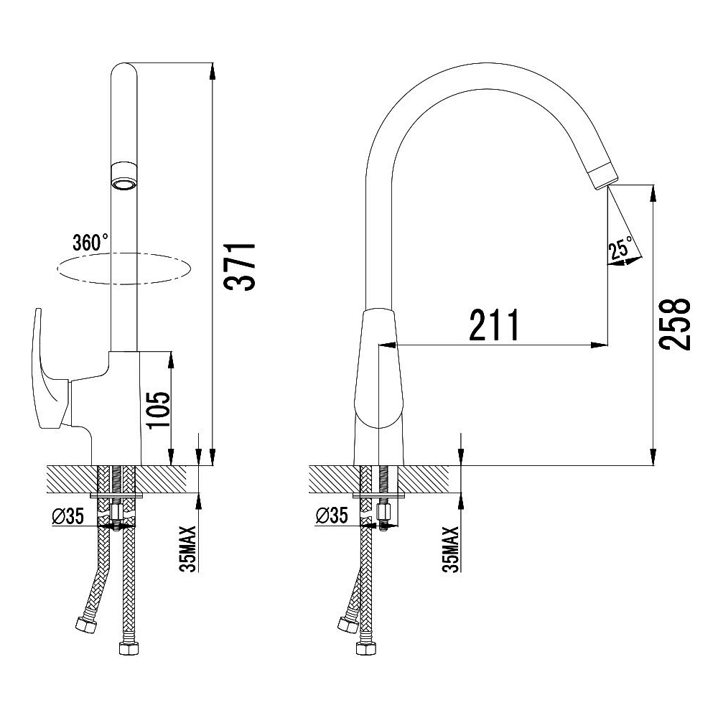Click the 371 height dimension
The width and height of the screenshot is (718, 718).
click(x=239, y=266)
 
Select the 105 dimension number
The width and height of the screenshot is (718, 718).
click(x=159, y=410)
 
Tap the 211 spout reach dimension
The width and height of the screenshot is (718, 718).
click(x=495, y=325)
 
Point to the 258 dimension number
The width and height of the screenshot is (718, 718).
click(x=674, y=325)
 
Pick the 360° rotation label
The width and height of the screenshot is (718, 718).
click(x=90, y=242)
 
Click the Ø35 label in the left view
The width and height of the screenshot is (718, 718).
click(x=67, y=516)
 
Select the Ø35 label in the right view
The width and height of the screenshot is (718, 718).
click(x=332, y=516)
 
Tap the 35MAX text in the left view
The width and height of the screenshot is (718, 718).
click(x=188, y=549)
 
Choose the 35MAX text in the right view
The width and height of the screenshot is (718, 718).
click(x=451, y=549)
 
